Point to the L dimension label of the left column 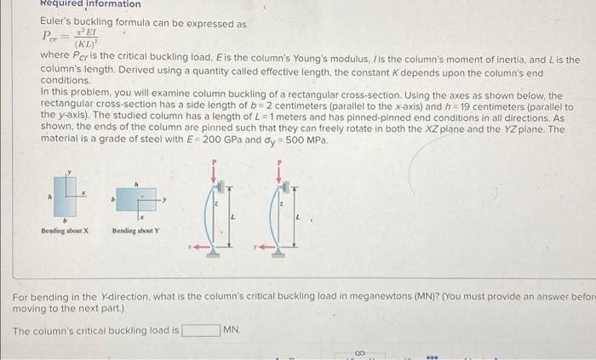(x=236, y=219)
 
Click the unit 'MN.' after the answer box (x=232, y=329)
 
